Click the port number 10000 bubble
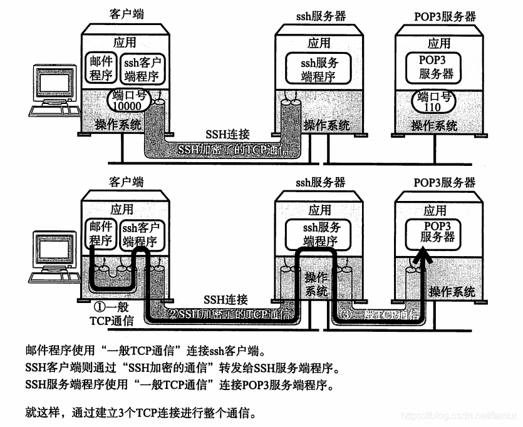[128, 100]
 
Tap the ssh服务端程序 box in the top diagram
[319, 69]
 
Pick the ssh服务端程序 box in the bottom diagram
[320, 235]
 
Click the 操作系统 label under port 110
[434, 125]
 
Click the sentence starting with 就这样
[140, 414]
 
